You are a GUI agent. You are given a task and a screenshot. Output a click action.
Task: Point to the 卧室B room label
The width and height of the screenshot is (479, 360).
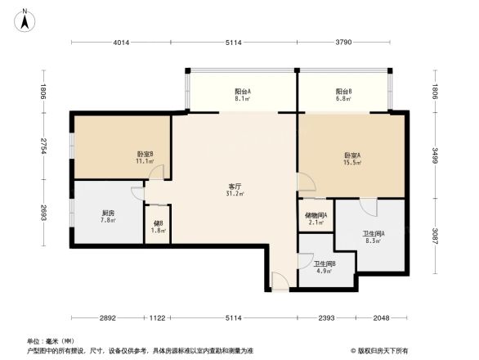point(145,154)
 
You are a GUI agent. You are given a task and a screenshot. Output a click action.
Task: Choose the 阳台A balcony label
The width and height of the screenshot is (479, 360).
point(243,92)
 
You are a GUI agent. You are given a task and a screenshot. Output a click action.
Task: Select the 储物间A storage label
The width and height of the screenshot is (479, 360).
point(316,215)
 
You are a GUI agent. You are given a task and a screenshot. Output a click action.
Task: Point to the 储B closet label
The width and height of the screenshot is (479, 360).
point(158,223)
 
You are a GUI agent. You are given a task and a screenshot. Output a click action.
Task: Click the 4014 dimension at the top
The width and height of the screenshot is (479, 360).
point(122,42)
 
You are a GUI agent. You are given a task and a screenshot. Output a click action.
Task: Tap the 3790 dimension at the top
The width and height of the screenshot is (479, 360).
point(342,42)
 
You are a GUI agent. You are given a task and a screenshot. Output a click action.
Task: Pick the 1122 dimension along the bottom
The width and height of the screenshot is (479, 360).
point(158,317)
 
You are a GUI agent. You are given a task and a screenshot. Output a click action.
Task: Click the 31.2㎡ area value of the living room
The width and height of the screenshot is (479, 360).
point(233,195)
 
